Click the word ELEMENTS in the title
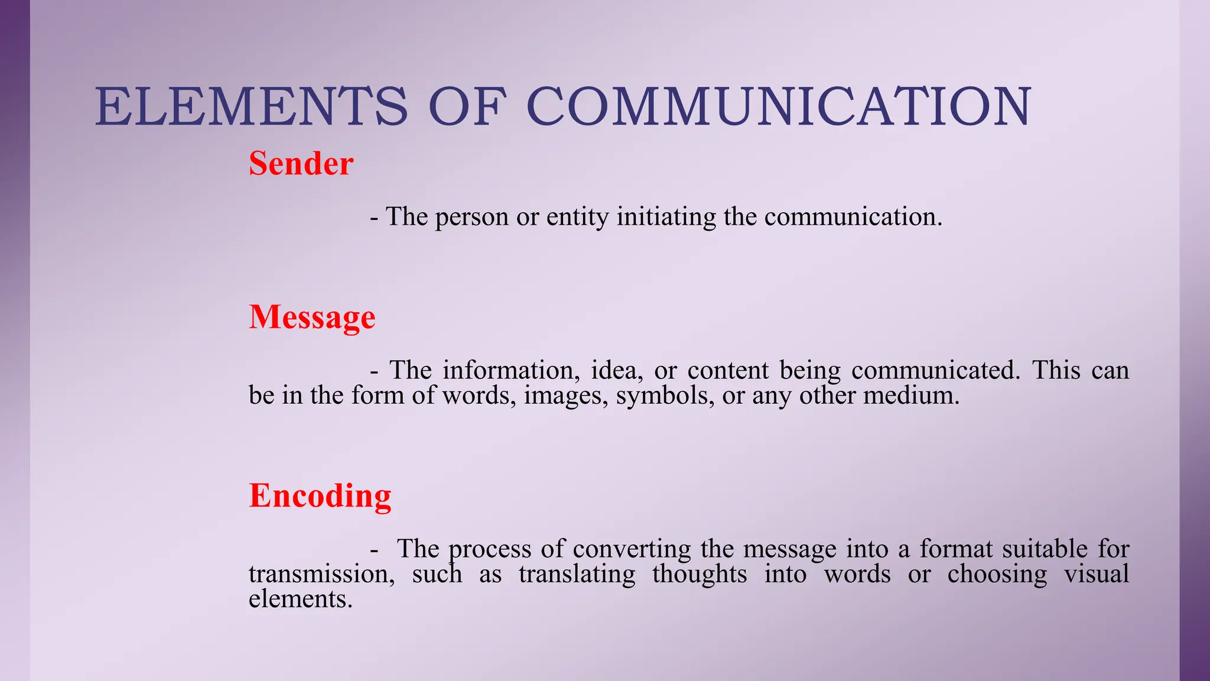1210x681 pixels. point(251,106)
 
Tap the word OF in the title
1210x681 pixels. point(467,106)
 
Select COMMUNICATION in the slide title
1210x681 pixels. point(779,106)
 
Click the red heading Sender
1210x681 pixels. point(301,163)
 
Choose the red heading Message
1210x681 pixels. point(312,317)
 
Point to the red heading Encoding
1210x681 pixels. point(320,495)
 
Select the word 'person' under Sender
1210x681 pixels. point(471,217)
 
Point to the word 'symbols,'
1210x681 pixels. point(664,395)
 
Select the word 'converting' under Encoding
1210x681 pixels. point(632,549)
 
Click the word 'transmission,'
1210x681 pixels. point(321,574)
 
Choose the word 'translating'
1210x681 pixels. point(577,574)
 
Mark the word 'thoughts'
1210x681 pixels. point(700,574)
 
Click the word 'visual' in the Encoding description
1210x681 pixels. point(1097,574)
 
